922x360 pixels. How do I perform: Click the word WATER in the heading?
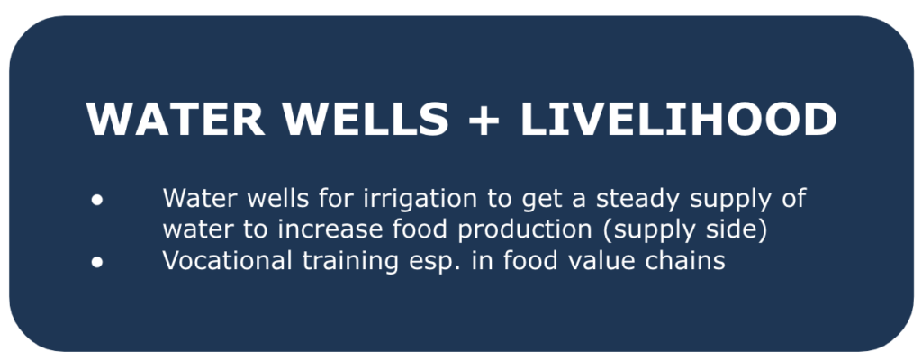pyautogui.click(x=176, y=120)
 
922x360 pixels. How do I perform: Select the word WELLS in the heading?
pyautogui.click(x=366, y=120)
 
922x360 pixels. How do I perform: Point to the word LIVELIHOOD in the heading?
pyautogui.click(x=678, y=120)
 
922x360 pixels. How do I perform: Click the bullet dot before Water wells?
pyautogui.click(x=97, y=200)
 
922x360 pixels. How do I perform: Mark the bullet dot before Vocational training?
pyautogui.click(x=97, y=262)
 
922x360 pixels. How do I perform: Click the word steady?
pyautogui.click(x=637, y=200)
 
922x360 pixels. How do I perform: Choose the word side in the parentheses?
pyautogui.click(x=741, y=230)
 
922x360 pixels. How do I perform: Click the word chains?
pyautogui.click(x=685, y=261)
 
